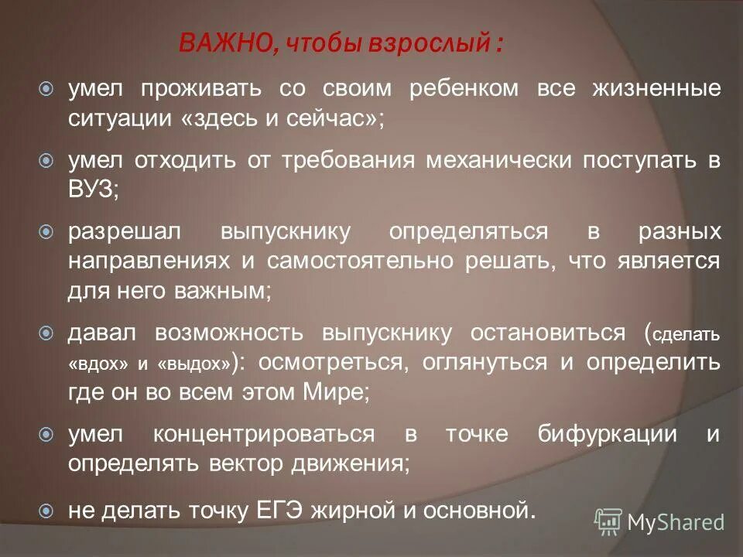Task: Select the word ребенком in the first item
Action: (463, 89)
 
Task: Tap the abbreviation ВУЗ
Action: (91, 190)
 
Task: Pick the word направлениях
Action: (149, 261)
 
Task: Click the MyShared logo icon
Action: (608, 521)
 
